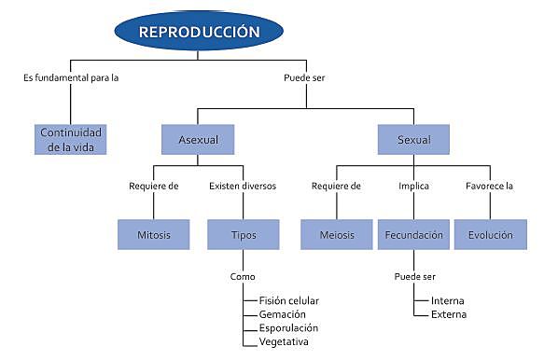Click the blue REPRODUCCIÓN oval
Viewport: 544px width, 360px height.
click(198, 32)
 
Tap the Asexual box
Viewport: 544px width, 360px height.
click(198, 140)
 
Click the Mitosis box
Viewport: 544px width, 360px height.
click(154, 235)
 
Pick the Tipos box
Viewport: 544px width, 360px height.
click(243, 235)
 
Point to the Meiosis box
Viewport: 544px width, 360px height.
click(336, 235)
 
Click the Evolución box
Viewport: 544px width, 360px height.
click(490, 235)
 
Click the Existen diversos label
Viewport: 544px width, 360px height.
click(243, 186)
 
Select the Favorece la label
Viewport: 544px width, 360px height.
click(490, 186)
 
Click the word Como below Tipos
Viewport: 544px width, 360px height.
click(243, 277)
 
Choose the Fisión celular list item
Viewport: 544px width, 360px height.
click(289, 300)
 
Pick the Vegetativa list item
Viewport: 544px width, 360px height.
click(284, 342)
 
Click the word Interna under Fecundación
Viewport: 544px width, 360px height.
click(448, 300)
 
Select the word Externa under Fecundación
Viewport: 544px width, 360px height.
click(449, 314)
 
